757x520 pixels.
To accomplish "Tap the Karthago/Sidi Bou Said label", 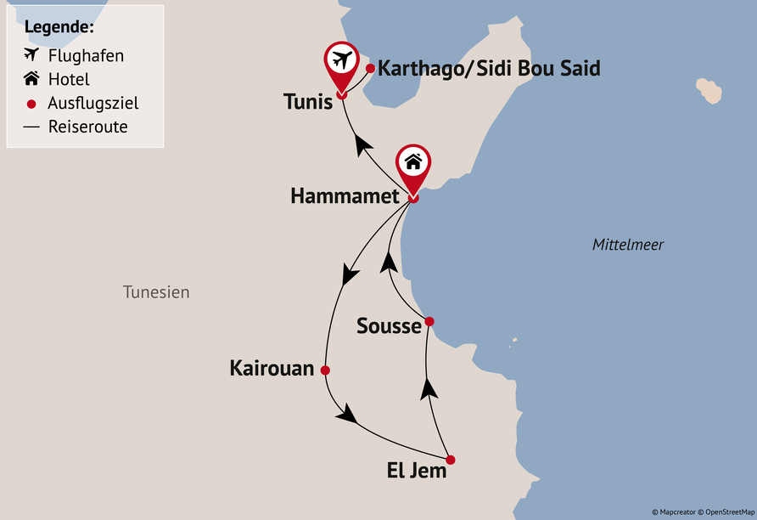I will point(488,69).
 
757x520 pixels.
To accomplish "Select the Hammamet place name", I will point(344,196).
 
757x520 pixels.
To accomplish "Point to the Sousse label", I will point(389,325).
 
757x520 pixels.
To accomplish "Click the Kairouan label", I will point(272,369).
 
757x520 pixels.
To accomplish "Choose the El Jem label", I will point(416,470).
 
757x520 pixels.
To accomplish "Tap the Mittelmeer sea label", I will point(628,245).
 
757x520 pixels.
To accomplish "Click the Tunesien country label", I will point(156,292).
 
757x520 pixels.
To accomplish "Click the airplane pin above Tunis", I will point(342,61).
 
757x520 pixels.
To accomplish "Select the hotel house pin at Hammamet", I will point(413,161).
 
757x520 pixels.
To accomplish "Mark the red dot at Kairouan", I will point(325,370).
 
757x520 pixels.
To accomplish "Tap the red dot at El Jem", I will point(451,460).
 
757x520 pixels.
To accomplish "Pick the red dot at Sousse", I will point(429,321).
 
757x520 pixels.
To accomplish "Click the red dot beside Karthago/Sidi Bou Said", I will point(370,68).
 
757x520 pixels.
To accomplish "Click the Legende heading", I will point(59,26).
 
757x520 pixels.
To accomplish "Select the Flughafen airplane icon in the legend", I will point(31,55).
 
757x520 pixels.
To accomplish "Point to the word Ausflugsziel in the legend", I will point(93,104).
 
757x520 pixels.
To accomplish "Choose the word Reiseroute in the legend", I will point(87,127).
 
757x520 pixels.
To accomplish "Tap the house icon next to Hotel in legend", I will point(31,79).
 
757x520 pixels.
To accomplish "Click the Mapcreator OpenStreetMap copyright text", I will point(702,512).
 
